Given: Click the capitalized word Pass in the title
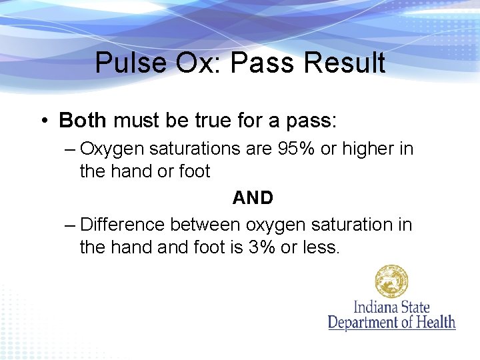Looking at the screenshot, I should click(x=268, y=63).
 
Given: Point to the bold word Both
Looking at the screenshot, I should click(x=83, y=121).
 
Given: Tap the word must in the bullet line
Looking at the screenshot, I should click(x=136, y=121).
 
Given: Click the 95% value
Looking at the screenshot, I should click(x=295, y=149).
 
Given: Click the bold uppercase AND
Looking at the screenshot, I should click(x=253, y=198).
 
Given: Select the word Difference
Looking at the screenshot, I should click(x=123, y=225).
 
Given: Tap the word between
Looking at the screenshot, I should click(x=207, y=225).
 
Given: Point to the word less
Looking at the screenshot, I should click(x=321, y=248).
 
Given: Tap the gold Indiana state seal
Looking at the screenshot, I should click(x=391, y=281).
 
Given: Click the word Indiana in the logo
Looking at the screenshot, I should click(x=376, y=307).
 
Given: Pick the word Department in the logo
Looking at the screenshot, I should click(x=366, y=323).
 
